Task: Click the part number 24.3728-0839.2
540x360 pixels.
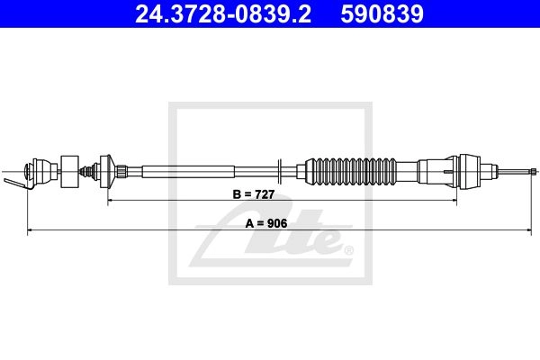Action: click(223, 14)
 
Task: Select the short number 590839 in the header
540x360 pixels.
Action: click(382, 14)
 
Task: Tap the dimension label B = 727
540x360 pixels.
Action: click(254, 194)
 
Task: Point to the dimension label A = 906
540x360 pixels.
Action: click(266, 223)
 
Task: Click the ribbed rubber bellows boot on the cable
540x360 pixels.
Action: click(351, 171)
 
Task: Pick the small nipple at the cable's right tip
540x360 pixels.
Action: click(534, 171)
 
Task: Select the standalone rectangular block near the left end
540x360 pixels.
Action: click(70, 172)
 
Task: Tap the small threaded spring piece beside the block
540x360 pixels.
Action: click(86, 171)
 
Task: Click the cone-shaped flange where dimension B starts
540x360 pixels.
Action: click(107, 171)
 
